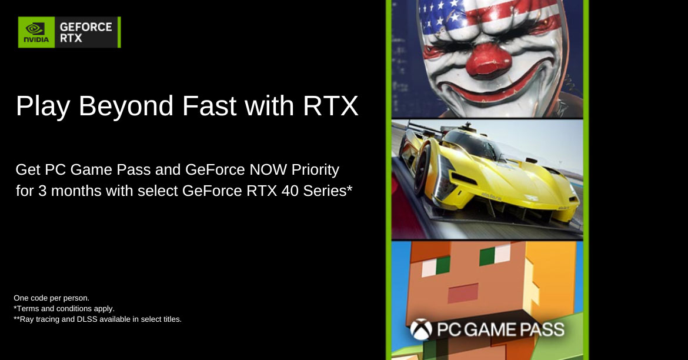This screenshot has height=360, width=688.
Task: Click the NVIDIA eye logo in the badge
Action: tap(35, 29)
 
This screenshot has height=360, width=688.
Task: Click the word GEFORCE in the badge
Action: tap(86, 27)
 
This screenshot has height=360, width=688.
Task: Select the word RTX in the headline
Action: tap(330, 105)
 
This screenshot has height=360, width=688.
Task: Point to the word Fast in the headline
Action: tap(209, 105)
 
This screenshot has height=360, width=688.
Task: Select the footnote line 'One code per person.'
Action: tap(51, 298)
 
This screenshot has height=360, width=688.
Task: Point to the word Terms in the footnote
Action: tap(27, 309)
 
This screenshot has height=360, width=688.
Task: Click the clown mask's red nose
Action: tap(488, 59)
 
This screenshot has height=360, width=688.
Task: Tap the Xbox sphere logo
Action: tap(421, 329)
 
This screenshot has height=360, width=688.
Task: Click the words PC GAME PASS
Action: tap(500, 329)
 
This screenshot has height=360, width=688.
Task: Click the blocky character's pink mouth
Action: tap(462, 292)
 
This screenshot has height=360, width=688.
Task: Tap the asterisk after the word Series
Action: tap(349, 188)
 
